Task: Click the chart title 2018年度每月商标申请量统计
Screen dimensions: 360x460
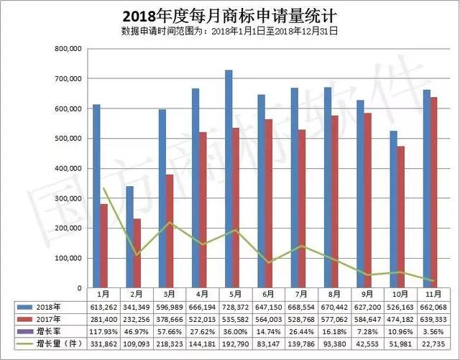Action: pyautogui.click(x=229, y=16)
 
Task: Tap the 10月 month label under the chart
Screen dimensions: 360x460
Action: pyautogui.click(x=397, y=294)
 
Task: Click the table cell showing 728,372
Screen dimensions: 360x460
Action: pyautogui.click(x=233, y=306)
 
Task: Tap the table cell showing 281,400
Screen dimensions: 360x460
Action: pyautogui.click(x=102, y=318)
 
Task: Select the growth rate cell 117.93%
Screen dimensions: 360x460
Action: pyautogui.click(x=102, y=331)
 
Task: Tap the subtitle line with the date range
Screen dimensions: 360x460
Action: pyautogui.click(x=229, y=31)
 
